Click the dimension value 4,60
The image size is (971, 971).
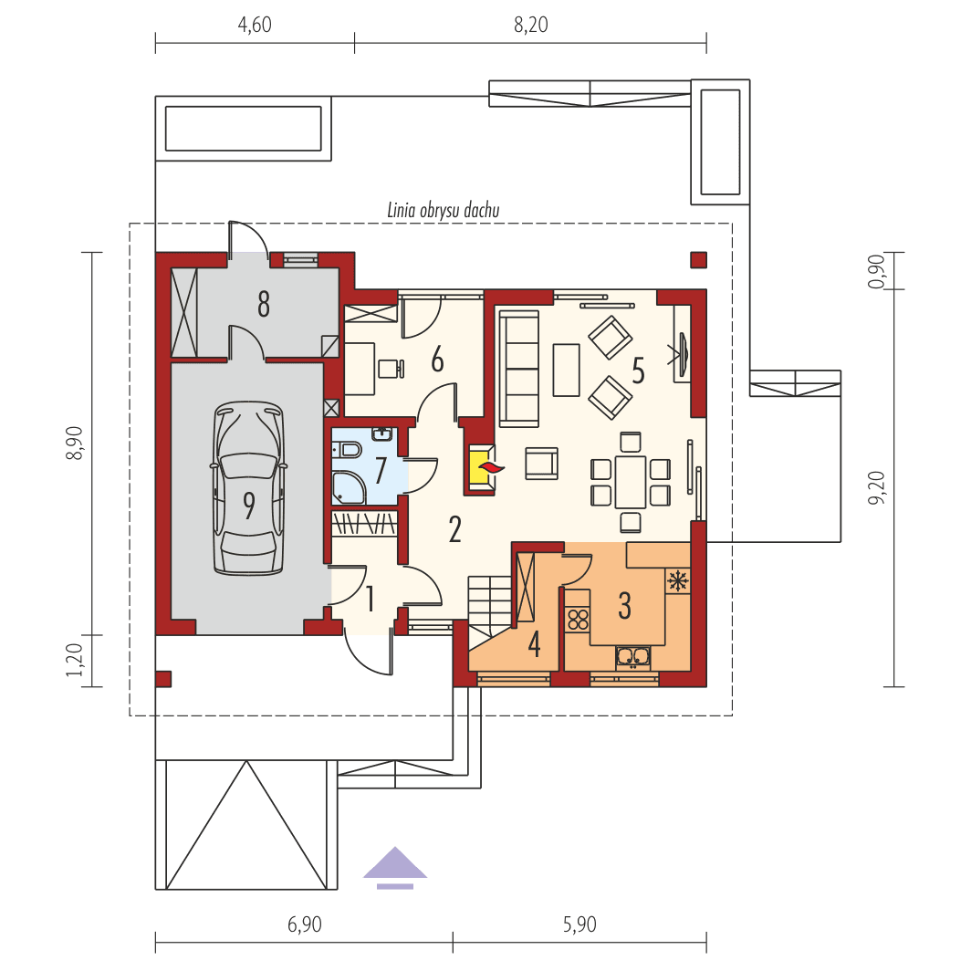pyautogui.click(x=255, y=25)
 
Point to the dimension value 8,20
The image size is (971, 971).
pyautogui.click(x=530, y=25)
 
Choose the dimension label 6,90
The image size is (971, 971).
pyautogui.click(x=304, y=924)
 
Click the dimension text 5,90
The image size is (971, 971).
pyautogui.click(x=579, y=924)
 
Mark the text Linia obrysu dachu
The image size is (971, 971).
pyautogui.click(x=444, y=211)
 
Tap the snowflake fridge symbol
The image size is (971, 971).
pyautogui.click(x=678, y=580)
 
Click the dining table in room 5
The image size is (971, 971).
pyautogui.click(x=630, y=481)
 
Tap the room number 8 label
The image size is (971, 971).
pyautogui.click(x=263, y=305)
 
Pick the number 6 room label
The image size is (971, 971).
pyautogui.click(x=437, y=360)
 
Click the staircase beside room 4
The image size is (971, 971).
pyautogui.click(x=490, y=604)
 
